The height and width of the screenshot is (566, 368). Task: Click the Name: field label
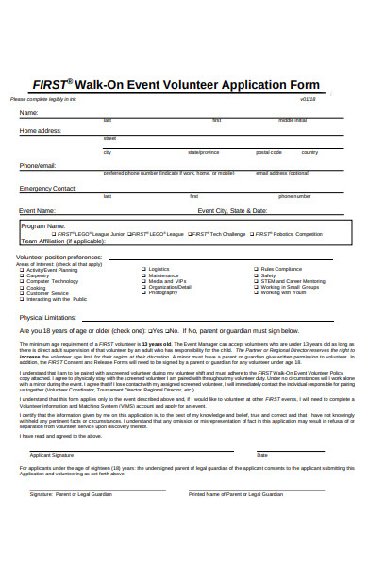pos(29,113)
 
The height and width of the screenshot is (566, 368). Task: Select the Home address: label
pos(41,130)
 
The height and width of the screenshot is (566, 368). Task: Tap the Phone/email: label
pos(38,165)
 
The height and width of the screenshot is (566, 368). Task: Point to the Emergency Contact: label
pos(48,189)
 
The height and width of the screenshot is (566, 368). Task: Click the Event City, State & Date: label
pos(232,211)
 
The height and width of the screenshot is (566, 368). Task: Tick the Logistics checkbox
pos(143,269)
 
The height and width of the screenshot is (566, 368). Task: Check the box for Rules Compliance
pos(256,269)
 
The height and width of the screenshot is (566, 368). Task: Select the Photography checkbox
pos(143,292)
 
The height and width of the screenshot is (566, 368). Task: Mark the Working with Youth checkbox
pos(256,292)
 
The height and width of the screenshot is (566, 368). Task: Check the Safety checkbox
pos(256,275)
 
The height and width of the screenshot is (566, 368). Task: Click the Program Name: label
pos(43,226)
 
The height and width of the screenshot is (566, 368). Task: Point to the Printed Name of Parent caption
pos(236,493)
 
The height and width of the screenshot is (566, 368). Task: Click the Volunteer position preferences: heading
pos(59,257)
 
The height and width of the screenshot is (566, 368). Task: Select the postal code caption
pos(268,151)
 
